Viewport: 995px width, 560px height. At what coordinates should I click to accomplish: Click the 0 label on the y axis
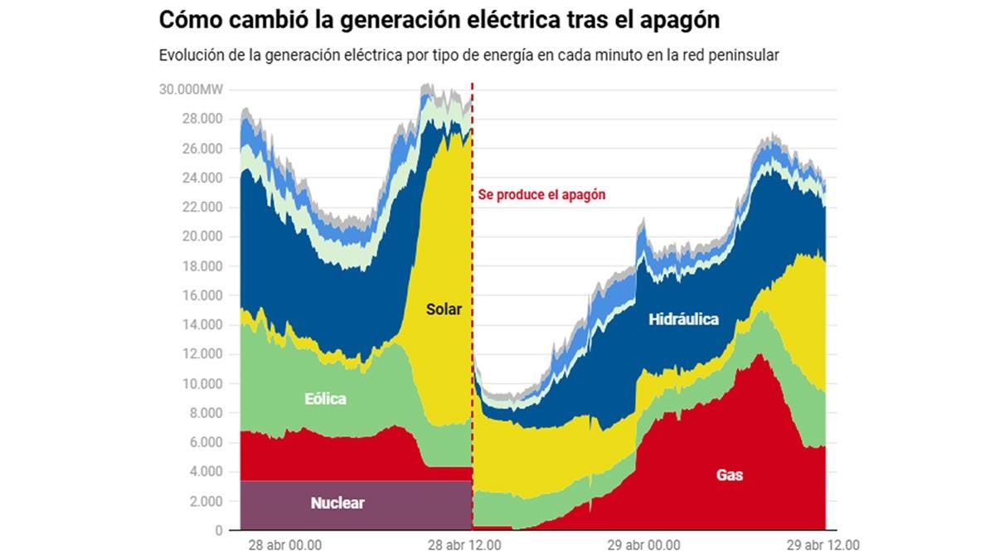pyautogui.click(x=219, y=530)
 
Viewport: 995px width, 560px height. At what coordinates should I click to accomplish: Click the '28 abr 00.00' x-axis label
pyautogui.click(x=284, y=546)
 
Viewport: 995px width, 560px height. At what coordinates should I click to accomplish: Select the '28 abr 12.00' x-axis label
pyautogui.click(x=464, y=546)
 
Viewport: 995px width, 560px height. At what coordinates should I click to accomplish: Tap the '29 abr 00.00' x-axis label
pyautogui.click(x=643, y=546)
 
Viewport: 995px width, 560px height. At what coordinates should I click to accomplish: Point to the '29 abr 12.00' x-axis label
pyautogui.click(x=823, y=546)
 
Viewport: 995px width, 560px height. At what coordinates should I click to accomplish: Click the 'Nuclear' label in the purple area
pyautogui.click(x=337, y=503)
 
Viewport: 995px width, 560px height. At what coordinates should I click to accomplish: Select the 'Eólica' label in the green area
pyautogui.click(x=324, y=399)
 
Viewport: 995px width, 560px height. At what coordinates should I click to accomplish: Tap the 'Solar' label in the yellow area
pyautogui.click(x=444, y=309)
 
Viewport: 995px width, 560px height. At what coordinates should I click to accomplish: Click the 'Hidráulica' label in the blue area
pyautogui.click(x=683, y=319)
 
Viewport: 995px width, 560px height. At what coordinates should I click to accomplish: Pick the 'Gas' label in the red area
pyautogui.click(x=730, y=475)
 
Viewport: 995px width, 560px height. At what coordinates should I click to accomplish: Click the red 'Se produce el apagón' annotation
pyautogui.click(x=541, y=195)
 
